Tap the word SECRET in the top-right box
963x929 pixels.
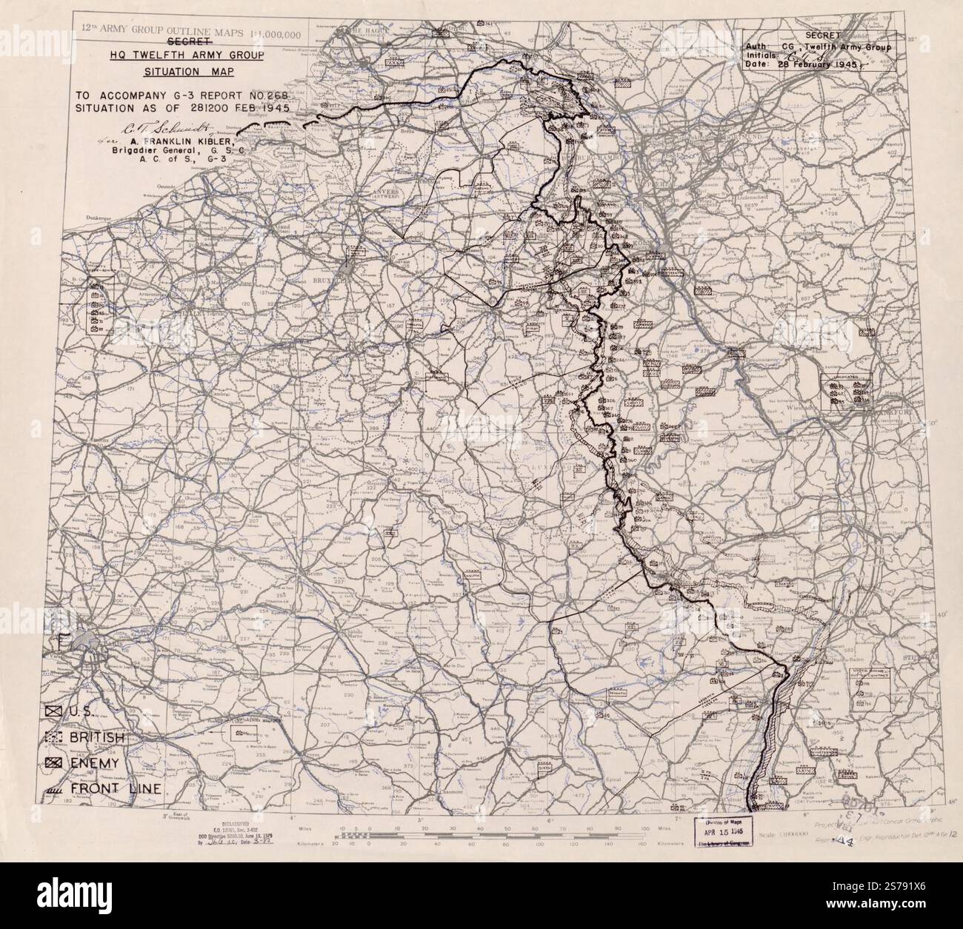819,35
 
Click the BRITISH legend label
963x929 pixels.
96,738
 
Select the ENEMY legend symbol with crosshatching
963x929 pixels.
52,762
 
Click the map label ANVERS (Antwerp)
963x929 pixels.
379,192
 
